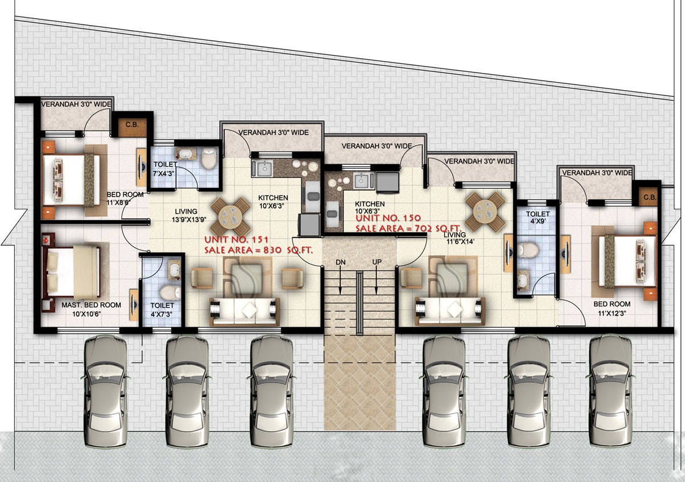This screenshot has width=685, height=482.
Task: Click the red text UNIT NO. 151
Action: (236, 240)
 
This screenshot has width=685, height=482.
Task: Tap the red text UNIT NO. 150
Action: (388, 218)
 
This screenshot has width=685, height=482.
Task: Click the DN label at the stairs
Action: (340, 262)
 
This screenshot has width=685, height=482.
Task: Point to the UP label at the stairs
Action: (377, 262)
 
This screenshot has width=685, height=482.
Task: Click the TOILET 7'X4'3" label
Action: (164, 169)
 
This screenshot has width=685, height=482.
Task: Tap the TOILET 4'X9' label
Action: (538, 217)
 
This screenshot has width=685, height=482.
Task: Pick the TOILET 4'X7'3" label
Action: (162, 310)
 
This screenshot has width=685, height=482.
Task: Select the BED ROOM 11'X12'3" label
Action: (612, 309)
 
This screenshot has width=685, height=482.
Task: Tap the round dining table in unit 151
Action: (230, 216)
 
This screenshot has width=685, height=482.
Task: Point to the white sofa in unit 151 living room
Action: (244, 311)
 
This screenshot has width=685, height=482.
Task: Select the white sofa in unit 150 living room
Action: (450, 311)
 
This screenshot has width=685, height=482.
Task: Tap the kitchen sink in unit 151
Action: (263, 168)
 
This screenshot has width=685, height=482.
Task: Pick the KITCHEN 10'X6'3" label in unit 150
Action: (370, 207)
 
